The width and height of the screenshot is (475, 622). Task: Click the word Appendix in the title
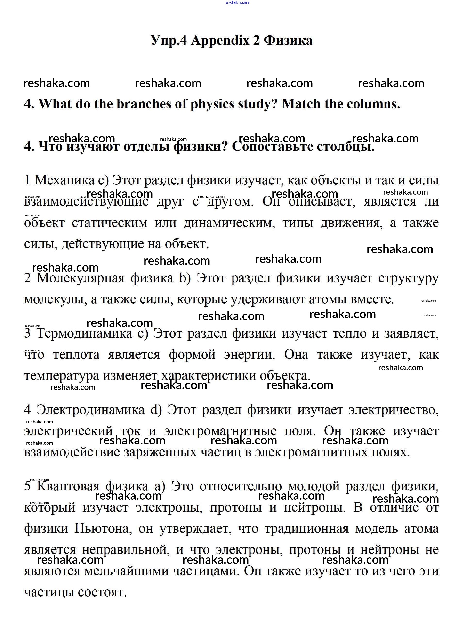(x=220, y=40)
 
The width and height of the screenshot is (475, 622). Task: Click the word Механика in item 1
(x=65, y=180)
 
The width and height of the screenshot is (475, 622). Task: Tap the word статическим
(x=109, y=223)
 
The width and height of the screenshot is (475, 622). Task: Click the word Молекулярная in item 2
(x=81, y=278)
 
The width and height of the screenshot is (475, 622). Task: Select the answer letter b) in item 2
(x=185, y=278)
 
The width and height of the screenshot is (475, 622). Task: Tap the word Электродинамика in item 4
(x=90, y=409)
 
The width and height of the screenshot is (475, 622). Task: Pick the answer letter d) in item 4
(x=156, y=409)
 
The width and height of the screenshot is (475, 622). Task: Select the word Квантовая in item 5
(x=68, y=486)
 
